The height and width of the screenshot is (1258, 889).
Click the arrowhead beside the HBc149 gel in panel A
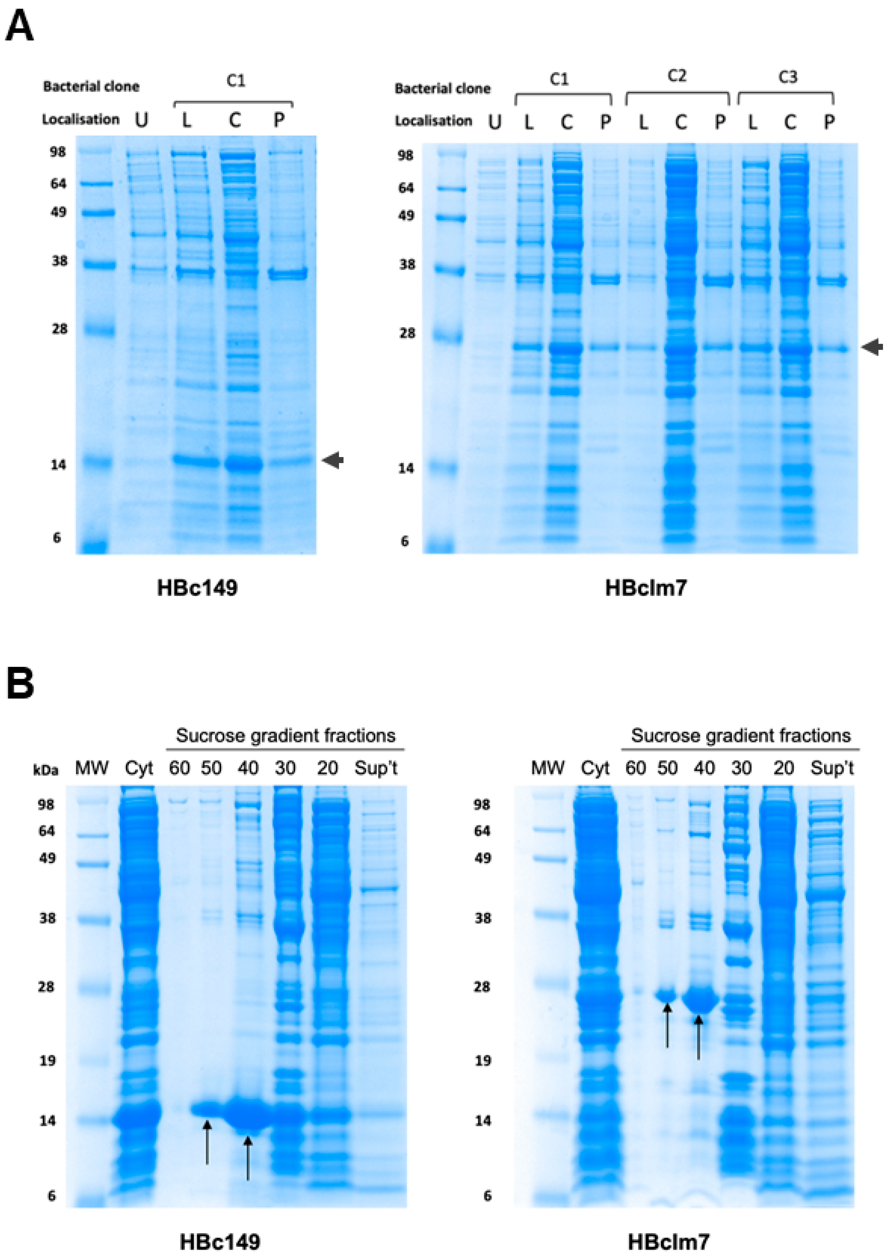[333, 460]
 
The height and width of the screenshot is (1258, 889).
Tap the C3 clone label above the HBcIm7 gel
[787, 77]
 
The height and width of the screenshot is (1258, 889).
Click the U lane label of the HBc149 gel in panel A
[142, 120]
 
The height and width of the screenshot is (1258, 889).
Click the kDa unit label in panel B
[46, 770]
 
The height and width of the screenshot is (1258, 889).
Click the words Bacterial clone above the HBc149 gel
[91, 87]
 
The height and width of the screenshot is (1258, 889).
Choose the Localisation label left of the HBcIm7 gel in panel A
[433, 121]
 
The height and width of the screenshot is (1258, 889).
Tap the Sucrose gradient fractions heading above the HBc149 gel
[286, 735]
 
